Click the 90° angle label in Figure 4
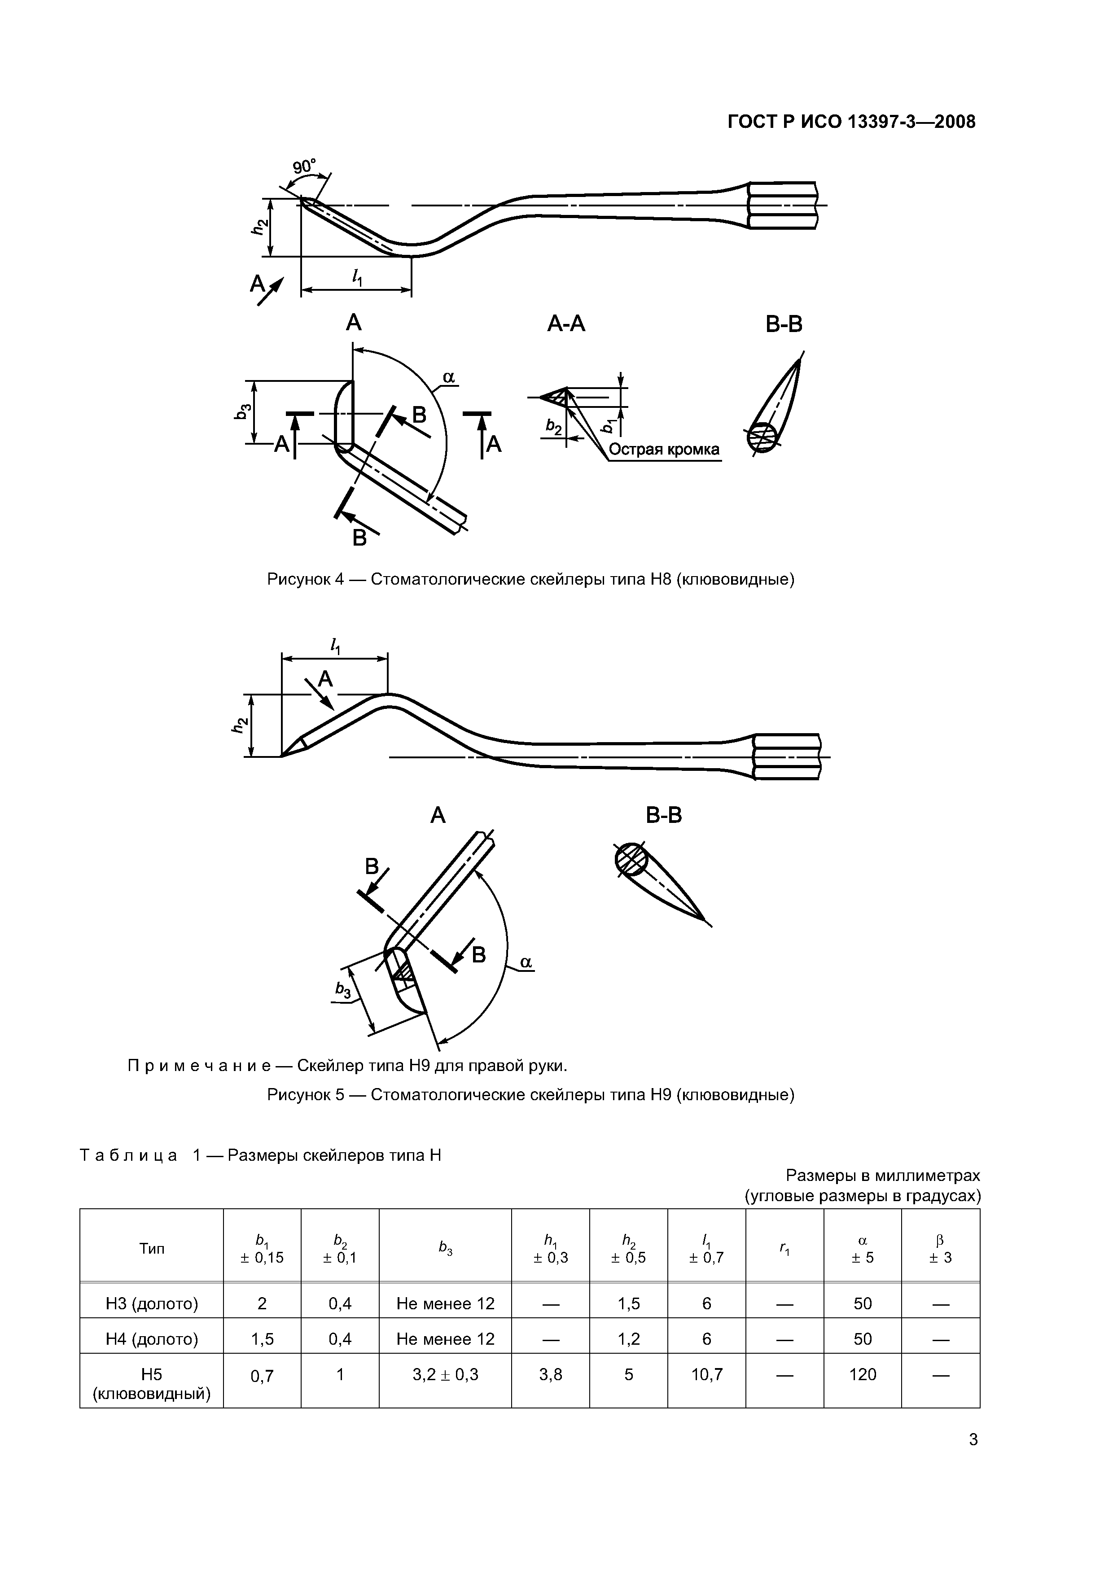point(304,166)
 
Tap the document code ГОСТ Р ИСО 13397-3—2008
point(851,122)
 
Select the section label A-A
point(566,324)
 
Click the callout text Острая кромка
point(664,450)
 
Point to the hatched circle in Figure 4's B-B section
point(762,437)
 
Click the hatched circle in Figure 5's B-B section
point(631,860)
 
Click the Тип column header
point(152,1248)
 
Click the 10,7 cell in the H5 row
point(706,1374)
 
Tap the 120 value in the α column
point(862,1374)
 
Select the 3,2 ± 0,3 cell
point(445,1374)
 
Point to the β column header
point(940,1248)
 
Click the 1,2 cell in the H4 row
point(628,1339)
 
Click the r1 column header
point(784,1248)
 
